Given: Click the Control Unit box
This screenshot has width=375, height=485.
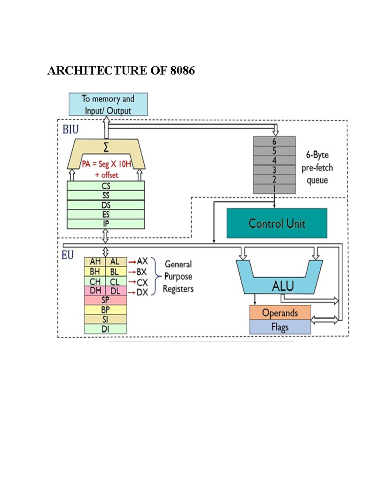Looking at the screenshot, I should point(277,223).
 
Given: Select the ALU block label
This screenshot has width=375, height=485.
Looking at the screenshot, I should point(283,286).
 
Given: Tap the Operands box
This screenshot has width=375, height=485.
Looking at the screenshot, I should point(280,313).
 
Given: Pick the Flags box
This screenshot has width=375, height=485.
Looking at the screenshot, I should point(280,327).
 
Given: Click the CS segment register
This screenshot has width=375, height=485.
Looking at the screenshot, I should point(106,186).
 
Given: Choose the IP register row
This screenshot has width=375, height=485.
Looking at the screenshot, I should point(106,224).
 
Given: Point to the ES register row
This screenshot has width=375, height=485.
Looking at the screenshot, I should point(106,215).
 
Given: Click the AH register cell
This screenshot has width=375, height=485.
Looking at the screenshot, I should point(95,262).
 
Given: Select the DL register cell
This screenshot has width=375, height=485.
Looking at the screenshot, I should point(115,291).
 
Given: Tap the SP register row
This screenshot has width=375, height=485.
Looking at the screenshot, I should point(105,300).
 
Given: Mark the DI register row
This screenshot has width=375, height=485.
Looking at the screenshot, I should point(105,329).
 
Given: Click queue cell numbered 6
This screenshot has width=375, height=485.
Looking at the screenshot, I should point(274,141).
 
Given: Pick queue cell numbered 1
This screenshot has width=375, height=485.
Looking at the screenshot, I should point(274,189).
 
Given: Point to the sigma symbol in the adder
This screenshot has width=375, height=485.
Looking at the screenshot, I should point(106,147).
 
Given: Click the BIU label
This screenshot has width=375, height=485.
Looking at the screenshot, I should point(71,130).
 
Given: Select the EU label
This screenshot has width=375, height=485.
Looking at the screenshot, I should point(67,255).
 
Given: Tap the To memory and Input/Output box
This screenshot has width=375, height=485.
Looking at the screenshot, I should point(108,104).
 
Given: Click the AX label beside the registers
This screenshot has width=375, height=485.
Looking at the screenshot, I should point(142,261).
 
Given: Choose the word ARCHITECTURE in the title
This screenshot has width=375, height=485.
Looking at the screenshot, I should point(97,71).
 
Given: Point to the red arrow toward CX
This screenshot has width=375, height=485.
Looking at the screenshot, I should point(132,282).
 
